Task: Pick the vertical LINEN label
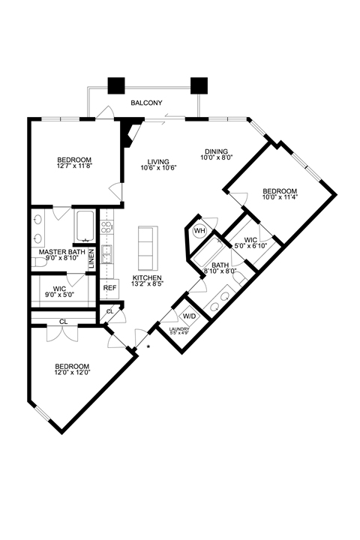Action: pyautogui.click(x=92, y=255)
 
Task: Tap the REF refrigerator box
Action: pyautogui.click(x=109, y=288)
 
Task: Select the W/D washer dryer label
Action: pyautogui.click(x=190, y=316)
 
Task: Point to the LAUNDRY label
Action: pyautogui.click(x=178, y=328)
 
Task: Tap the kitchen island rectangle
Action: pyautogui.click(x=145, y=248)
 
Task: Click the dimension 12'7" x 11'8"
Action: pyautogui.click(x=74, y=167)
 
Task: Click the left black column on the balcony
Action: pyautogui.click(x=117, y=85)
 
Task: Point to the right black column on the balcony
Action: pyautogui.click(x=199, y=85)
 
